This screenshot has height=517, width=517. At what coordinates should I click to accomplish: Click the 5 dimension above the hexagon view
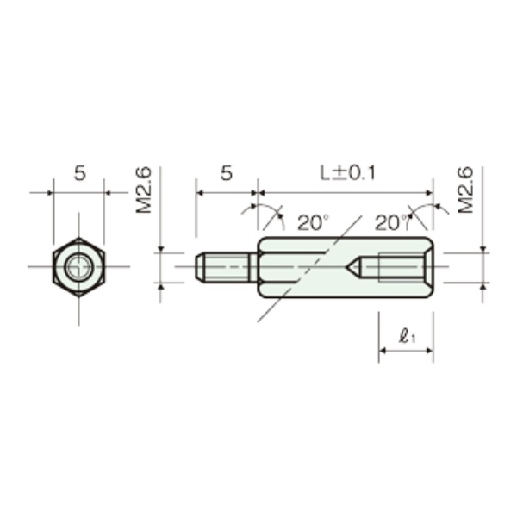click(79, 173)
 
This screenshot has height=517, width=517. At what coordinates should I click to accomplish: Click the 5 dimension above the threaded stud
click(226, 173)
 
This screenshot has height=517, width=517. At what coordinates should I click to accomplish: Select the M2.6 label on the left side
click(144, 191)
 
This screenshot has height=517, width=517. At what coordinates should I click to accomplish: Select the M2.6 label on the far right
click(464, 191)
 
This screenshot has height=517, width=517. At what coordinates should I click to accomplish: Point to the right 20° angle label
click(391, 223)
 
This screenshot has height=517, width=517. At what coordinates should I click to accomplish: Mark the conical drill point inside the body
click(352, 267)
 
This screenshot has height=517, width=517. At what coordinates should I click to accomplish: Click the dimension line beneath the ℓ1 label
click(405, 352)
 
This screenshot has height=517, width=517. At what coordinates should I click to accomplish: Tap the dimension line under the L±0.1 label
click(345, 192)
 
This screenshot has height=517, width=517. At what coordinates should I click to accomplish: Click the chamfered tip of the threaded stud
click(200, 267)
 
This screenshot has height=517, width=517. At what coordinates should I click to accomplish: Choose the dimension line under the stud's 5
click(226, 192)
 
